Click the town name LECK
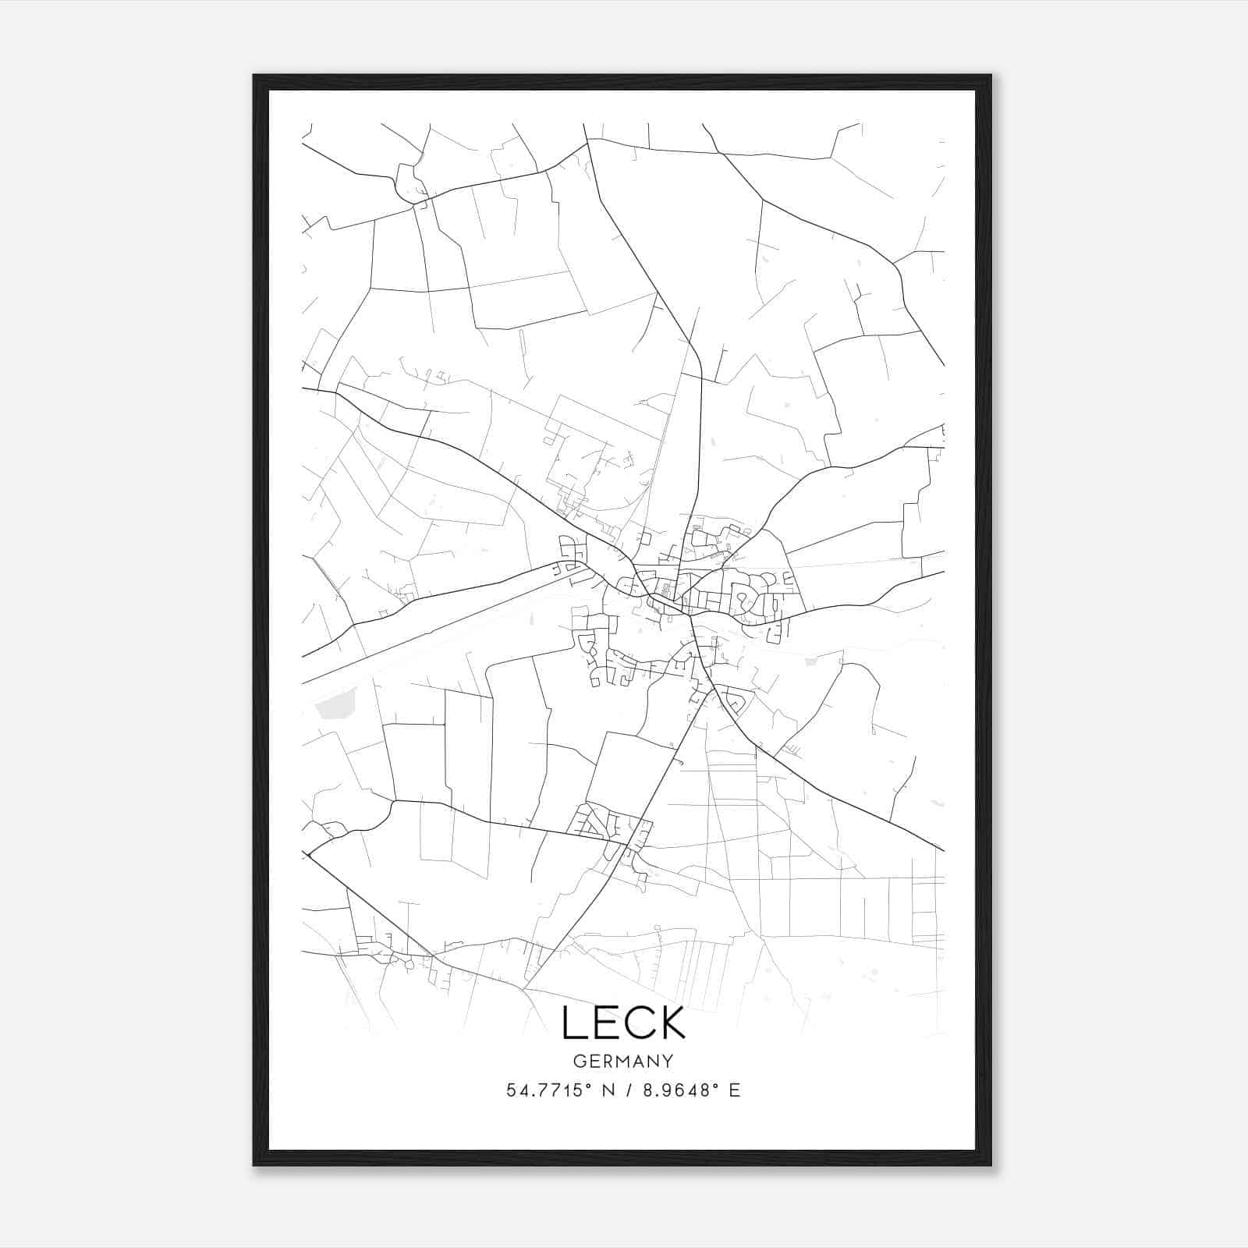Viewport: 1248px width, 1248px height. [623, 1023]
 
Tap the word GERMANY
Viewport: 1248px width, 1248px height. [623, 1061]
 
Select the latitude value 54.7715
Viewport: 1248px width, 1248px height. [544, 1090]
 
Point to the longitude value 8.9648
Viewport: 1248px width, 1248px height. [675, 1090]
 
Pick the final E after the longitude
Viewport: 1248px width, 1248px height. [734, 1090]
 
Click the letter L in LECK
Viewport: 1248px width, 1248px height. [574, 1023]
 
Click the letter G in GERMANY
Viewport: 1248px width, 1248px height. [579, 1061]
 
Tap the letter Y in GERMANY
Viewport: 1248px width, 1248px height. [668, 1061]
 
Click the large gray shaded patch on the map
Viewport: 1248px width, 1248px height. [333, 707]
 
